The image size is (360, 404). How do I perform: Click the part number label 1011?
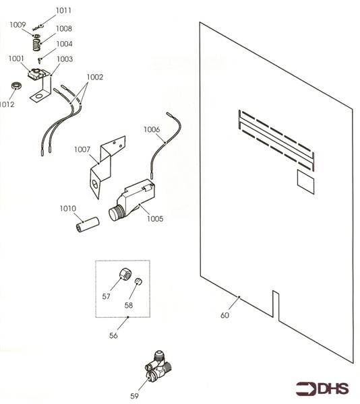coord(63,11)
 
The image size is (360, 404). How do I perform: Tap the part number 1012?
coord(7,104)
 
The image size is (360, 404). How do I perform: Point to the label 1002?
coord(94,77)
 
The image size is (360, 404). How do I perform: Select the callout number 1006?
coord(151,129)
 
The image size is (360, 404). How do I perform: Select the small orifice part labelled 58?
coord(139,281)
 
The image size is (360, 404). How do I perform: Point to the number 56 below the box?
coord(113,335)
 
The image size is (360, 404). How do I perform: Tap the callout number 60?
coord(224,314)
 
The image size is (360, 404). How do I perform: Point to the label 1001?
coord(17,59)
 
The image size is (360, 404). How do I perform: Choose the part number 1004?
coord(64,44)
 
